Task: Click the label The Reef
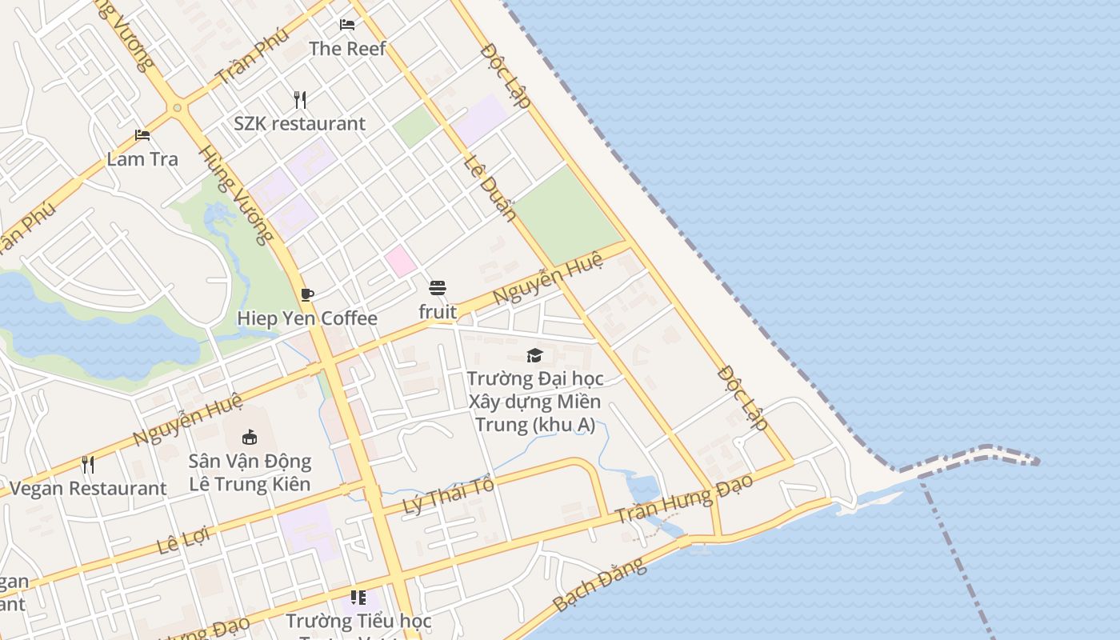(x=347, y=49)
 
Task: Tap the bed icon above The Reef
(x=347, y=24)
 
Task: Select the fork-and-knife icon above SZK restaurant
(x=300, y=99)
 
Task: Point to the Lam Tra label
(x=142, y=159)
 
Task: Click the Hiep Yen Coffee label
(x=307, y=318)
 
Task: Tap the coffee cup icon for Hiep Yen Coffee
(x=307, y=294)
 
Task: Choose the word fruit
(x=438, y=312)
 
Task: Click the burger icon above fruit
(x=438, y=288)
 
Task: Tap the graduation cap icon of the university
(x=534, y=354)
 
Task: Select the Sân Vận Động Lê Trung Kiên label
(x=250, y=473)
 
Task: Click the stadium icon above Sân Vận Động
(x=250, y=437)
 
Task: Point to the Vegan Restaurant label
(x=88, y=489)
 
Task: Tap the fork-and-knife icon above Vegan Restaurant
(x=88, y=464)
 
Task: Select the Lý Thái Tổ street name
(x=448, y=495)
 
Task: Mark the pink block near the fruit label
(x=401, y=261)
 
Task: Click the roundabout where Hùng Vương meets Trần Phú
(x=177, y=107)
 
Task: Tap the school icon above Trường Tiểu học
(x=358, y=597)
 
